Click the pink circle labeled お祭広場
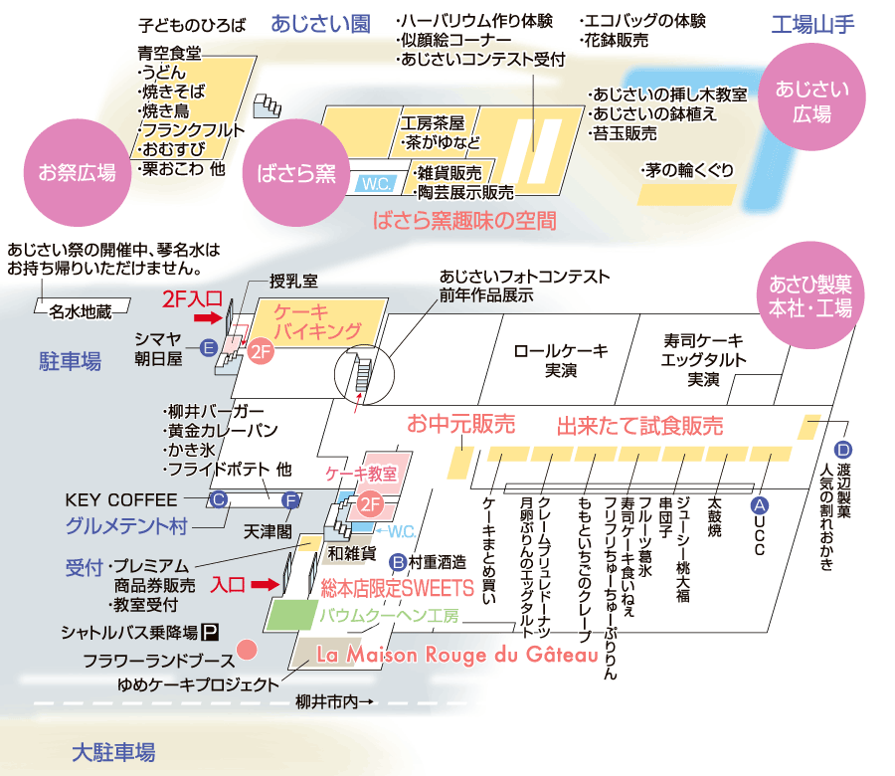[78, 172]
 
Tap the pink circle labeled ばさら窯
[296, 172]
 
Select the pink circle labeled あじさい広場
[811, 97]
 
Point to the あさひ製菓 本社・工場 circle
[810, 295]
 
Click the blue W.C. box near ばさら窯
[376, 184]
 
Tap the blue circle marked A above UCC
[759, 505]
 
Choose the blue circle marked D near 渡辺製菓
[843, 450]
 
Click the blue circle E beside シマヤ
[209, 348]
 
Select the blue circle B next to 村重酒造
[398, 562]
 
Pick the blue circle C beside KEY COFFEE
[218, 500]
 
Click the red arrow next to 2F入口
[208, 317]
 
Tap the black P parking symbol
[211, 632]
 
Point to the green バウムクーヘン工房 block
[291, 615]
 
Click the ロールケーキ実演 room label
[561, 360]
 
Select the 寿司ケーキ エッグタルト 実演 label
[703, 360]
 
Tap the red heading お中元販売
[461, 424]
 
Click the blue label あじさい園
[320, 24]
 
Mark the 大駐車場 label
[113, 752]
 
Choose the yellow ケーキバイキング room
[318, 321]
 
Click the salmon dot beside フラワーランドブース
[247, 650]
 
